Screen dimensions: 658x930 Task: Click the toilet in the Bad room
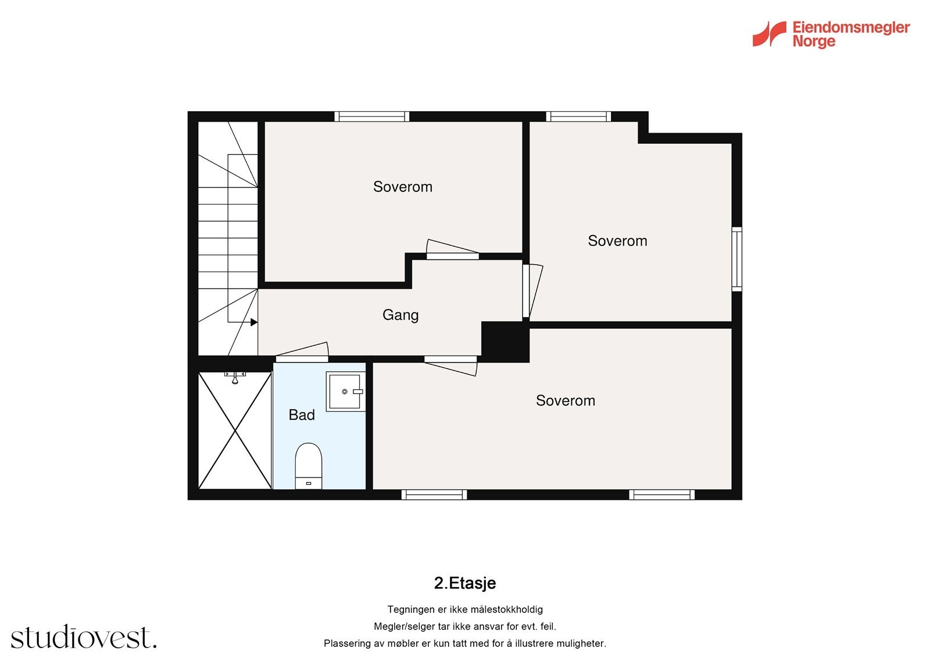coord(308,464)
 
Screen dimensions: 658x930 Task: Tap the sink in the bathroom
coord(345,392)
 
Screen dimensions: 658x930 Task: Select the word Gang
coord(400,315)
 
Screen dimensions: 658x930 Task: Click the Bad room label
coord(302,415)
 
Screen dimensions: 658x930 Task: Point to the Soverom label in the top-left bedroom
coord(402,187)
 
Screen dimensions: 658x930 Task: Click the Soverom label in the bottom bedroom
coord(565,400)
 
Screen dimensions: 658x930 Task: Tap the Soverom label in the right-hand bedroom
coord(617,241)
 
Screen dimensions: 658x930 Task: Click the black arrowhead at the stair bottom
coord(254,322)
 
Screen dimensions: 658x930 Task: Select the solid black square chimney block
coord(505,341)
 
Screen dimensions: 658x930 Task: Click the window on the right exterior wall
coord(736,259)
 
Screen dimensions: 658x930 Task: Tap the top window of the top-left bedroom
coord(371,116)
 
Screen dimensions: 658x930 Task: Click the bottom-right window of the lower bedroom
coord(661,495)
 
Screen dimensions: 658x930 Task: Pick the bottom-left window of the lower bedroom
coord(434,495)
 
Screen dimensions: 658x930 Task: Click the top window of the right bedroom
coord(578,116)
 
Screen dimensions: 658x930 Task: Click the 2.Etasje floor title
coord(464,583)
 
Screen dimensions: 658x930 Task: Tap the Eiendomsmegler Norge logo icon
coord(769,34)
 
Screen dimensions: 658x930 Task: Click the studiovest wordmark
coord(84,638)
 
